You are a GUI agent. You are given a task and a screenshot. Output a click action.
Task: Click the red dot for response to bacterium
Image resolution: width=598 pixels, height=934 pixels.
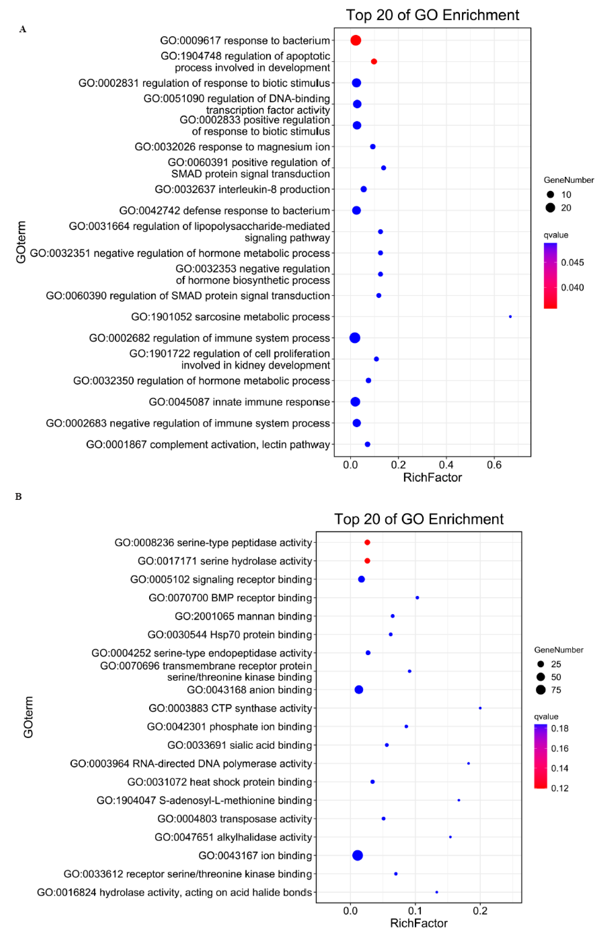point(356,40)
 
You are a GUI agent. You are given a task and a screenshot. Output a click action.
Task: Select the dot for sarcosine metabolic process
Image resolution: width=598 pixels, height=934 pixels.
point(510,317)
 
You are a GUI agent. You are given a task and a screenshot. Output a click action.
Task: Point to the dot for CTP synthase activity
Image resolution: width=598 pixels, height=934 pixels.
point(480,708)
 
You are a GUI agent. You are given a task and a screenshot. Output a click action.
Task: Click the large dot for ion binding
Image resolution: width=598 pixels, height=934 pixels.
point(358,855)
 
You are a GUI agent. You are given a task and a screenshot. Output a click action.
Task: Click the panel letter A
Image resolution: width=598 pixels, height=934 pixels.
point(23,30)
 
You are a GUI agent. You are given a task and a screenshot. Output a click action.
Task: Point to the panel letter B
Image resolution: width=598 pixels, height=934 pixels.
point(18,497)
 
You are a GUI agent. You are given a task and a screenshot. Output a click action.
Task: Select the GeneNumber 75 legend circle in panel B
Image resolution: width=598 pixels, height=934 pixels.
point(541,690)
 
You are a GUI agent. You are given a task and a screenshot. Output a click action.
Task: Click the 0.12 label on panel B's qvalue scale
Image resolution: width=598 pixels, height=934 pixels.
point(560,788)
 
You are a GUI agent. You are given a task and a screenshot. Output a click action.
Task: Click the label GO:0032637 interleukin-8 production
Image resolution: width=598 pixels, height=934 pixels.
point(242,189)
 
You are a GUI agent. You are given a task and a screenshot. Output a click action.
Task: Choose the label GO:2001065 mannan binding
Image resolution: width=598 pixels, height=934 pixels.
point(243,616)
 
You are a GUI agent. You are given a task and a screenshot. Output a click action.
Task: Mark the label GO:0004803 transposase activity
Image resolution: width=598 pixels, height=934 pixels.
point(235,819)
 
